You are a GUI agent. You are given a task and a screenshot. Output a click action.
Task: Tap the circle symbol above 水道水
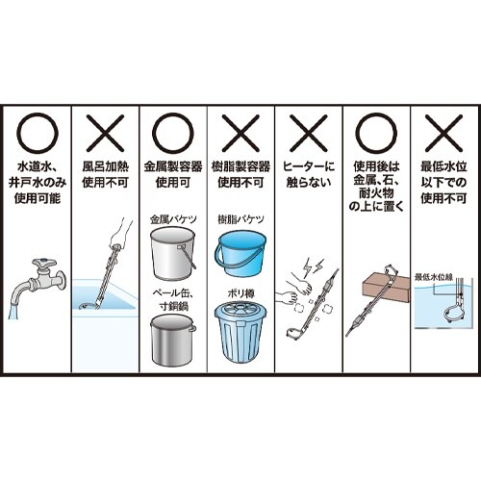[x=18, y=133]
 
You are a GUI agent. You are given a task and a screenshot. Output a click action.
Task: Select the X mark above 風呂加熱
[x=105, y=133]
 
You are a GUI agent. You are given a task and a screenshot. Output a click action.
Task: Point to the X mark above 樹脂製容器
[x=240, y=133]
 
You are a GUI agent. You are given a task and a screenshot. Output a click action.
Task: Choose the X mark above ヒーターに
[x=309, y=133]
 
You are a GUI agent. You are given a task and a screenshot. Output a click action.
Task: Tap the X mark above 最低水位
[x=443, y=133]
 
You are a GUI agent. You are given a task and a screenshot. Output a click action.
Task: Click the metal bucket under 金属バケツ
[x=173, y=253]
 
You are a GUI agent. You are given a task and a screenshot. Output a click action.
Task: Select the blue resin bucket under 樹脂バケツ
[x=240, y=253]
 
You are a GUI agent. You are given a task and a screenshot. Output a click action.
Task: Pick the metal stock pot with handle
[x=173, y=340]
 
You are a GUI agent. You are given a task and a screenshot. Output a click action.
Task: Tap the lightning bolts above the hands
[x=313, y=266]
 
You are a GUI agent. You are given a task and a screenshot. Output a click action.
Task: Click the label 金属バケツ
[x=173, y=219]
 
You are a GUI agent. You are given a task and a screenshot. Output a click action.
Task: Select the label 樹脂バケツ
[x=240, y=219]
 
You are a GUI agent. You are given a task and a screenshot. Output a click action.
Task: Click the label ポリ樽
[x=240, y=293]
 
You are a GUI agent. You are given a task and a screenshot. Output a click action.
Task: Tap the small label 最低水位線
[x=434, y=277]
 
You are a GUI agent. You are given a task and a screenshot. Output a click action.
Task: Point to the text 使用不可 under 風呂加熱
[x=105, y=182]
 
